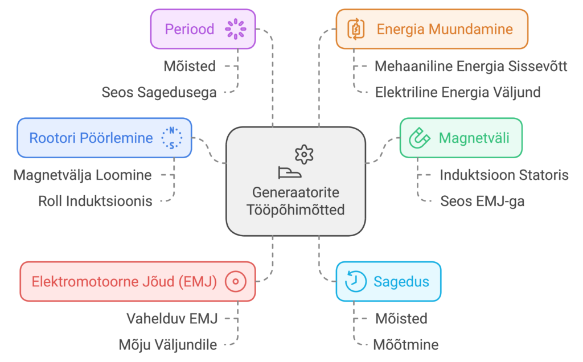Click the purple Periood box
click(202, 28)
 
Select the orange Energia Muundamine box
click(432, 29)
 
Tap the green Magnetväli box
click(460, 138)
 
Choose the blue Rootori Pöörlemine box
click(104, 138)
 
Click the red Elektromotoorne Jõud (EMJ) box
click(138, 281)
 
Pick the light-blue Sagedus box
click(388, 281)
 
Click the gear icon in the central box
click(305, 154)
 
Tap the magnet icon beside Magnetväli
click(420, 138)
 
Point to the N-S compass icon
click(171, 138)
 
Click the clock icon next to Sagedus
click(355, 281)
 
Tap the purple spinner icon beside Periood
click(235, 28)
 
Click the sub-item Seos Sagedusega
click(159, 92)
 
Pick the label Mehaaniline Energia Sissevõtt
click(470, 67)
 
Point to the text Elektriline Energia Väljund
click(458, 92)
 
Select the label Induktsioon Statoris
click(504, 175)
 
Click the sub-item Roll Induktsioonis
click(95, 200)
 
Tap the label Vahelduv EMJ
click(172, 318)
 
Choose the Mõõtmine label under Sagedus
click(405, 344)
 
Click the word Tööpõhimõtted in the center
click(295, 209)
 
